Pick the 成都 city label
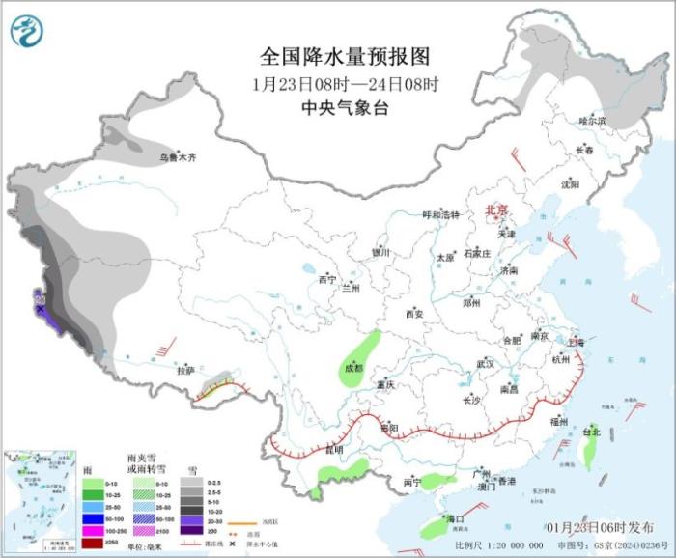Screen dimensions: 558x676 (352, 367)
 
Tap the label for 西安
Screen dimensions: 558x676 (414, 314)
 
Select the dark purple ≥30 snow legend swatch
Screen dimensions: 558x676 (191, 530)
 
